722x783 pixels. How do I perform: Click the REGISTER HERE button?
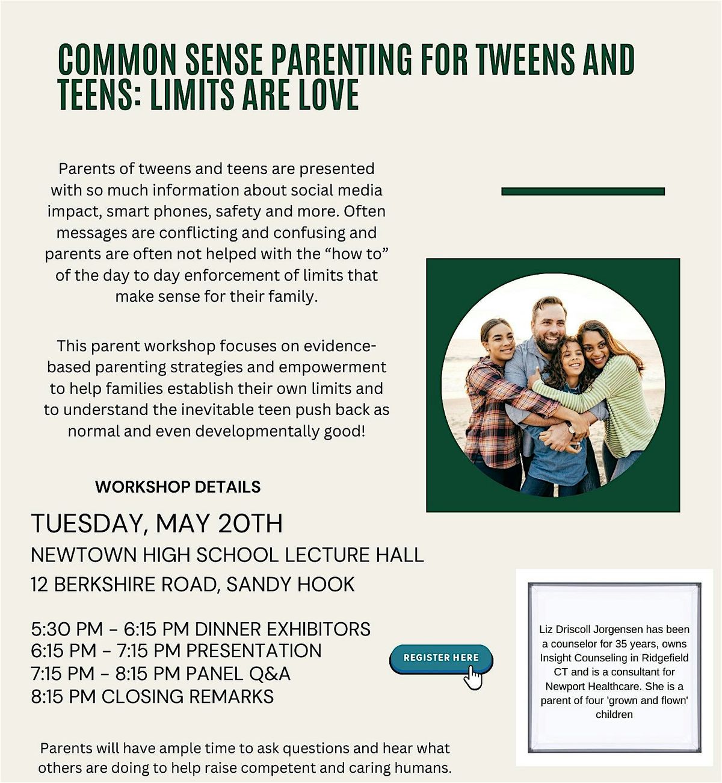coord(441,658)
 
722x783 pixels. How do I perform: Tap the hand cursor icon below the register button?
coord(474,679)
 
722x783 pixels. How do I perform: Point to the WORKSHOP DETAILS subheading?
coord(177,487)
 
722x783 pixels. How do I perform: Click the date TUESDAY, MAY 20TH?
coord(156,523)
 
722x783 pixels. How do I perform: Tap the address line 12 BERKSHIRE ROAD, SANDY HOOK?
coord(193,584)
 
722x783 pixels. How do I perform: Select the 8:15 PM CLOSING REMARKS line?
coord(152,696)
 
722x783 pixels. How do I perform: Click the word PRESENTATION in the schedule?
coord(253,651)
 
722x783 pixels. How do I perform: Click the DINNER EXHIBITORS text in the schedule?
coord(283,629)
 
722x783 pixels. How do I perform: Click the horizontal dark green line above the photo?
coord(582,192)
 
